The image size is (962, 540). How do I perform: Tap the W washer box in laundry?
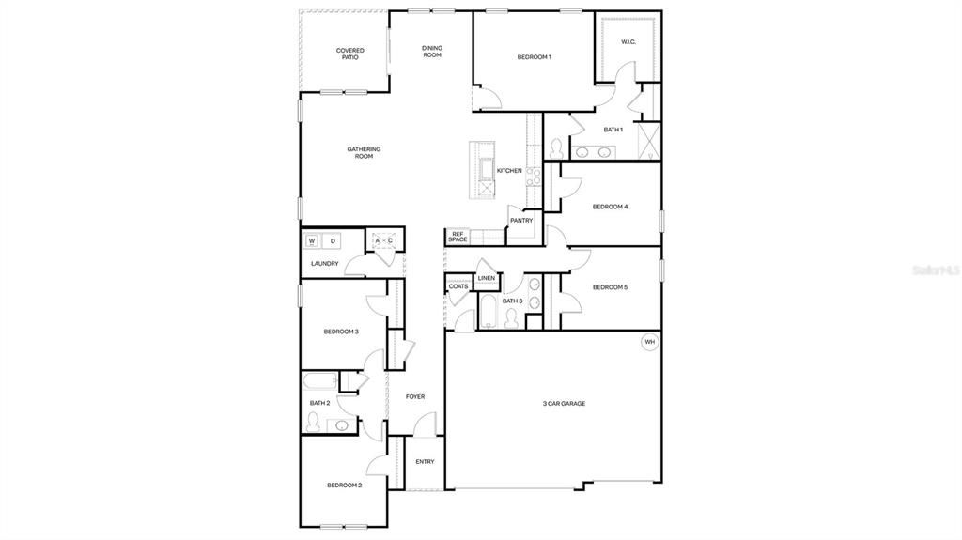tap(311, 241)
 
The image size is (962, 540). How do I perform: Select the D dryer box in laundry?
tap(332, 241)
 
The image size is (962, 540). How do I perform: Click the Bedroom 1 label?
tap(534, 57)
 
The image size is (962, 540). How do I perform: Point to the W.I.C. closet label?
tap(628, 41)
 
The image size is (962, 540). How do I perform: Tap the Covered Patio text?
tap(349, 54)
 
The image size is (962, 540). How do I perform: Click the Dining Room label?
tap(431, 52)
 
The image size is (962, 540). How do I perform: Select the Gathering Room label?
tap(364, 152)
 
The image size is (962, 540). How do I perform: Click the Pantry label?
tap(521, 221)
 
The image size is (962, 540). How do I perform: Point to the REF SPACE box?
tap(458, 238)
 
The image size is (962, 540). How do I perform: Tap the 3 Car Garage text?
tap(564, 403)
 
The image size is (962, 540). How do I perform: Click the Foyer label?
tap(414, 396)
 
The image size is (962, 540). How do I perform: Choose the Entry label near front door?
tap(425, 461)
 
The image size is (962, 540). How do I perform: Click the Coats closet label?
tap(458, 286)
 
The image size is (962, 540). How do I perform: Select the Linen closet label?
tap(486, 278)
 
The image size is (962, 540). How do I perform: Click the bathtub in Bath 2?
tap(318, 381)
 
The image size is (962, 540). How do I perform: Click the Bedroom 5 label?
tap(610, 287)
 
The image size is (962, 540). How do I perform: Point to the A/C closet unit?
tap(383, 241)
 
